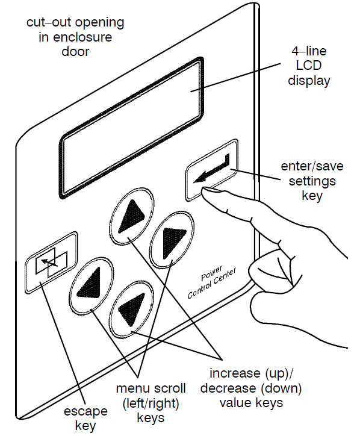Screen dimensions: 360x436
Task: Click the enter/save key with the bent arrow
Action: [212, 170]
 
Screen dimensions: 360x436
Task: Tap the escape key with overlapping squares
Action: [51, 262]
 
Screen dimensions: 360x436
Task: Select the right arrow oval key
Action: [172, 240]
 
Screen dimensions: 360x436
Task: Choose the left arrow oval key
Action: [91, 285]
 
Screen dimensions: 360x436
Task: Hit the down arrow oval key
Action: [131, 310]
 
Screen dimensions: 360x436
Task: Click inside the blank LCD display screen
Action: [132, 128]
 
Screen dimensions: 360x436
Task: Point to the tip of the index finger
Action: [204, 190]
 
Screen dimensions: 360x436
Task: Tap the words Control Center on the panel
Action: [212, 283]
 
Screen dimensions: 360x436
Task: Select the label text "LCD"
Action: [309, 66]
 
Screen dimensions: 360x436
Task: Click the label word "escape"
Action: [85, 411]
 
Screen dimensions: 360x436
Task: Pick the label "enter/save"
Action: [312, 167]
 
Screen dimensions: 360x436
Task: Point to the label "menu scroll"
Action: [151, 388]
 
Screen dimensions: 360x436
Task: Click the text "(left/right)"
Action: [151, 403]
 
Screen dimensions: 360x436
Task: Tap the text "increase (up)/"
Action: [251, 373]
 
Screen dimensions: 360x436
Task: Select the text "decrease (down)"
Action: [251, 388]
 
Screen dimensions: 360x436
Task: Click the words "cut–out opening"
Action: [75, 22]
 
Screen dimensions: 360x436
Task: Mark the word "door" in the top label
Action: [75, 52]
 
